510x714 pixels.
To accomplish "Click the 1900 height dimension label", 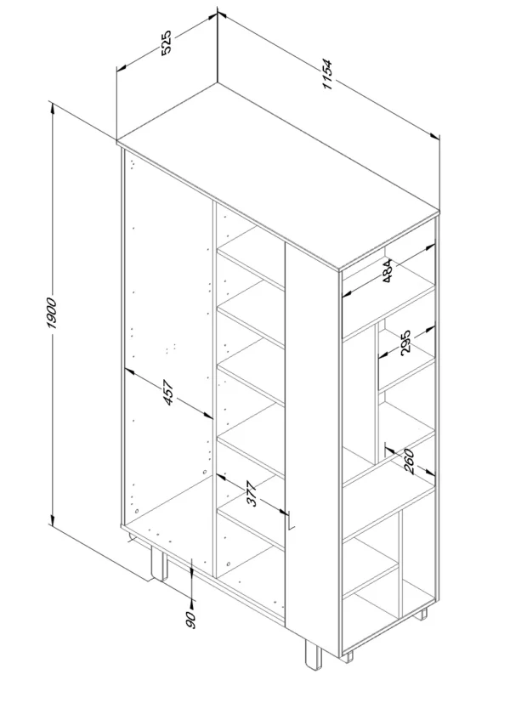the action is click(x=51, y=314).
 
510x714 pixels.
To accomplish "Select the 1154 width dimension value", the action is click(x=327, y=75).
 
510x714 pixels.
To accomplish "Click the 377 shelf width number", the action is click(x=252, y=494).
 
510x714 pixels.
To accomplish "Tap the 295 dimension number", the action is click(x=405, y=342).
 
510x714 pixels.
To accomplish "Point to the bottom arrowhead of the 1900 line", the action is click(x=53, y=519).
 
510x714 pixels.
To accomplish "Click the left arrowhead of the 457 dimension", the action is click(x=130, y=371).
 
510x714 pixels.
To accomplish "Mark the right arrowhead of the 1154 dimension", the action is click(x=435, y=135).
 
